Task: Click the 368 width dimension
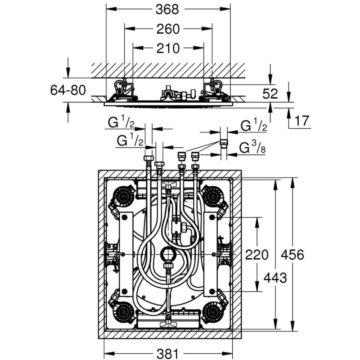click(x=168, y=9)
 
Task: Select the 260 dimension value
click(x=168, y=29)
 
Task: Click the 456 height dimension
click(x=292, y=255)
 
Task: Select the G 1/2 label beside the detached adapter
click(x=252, y=126)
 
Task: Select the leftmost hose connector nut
click(x=147, y=159)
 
